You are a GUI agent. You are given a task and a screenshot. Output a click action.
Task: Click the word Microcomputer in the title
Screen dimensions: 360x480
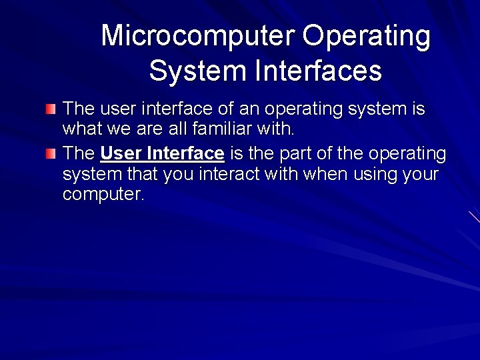pos(198,36)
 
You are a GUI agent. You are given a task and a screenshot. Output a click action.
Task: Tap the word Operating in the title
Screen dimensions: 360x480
pos(366,36)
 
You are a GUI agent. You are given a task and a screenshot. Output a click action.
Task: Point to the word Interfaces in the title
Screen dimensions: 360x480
pos(317,71)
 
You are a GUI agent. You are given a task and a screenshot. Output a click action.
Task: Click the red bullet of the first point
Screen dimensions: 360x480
pos(51,109)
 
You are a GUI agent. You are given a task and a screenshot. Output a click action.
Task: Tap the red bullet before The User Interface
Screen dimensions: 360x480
pos(51,155)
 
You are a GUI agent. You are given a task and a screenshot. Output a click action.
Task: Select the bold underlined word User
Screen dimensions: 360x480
pos(121,154)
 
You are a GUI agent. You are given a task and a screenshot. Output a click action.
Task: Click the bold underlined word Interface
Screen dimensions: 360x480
pos(185,154)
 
